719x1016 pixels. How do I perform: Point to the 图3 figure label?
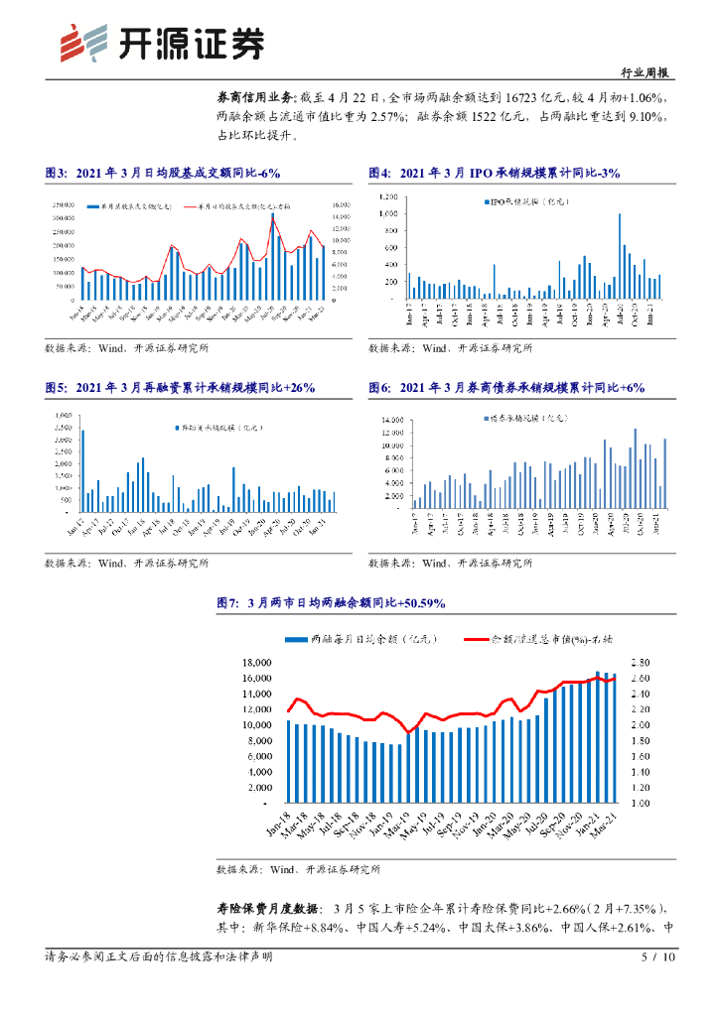(56, 173)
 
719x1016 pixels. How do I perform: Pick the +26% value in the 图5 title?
(295, 388)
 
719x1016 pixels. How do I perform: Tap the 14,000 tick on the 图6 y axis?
(388, 421)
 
